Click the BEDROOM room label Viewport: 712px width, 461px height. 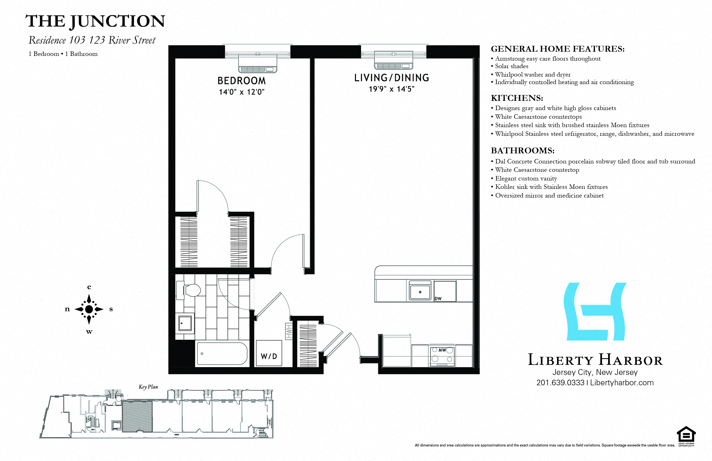[x=242, y=81]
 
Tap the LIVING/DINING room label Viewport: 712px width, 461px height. [x=391, y=78]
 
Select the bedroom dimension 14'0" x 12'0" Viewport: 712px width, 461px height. [x=242, y=92]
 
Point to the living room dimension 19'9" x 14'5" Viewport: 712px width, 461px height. [x=391, y=89]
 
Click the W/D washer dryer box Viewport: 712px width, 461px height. [x=269, y=353]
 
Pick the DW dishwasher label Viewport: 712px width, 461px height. [x=438, y=298]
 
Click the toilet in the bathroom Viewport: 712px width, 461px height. [x=192, y=290]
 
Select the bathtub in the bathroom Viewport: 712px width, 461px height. [x=222, y=353]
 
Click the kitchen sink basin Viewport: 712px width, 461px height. [x=420, y=292]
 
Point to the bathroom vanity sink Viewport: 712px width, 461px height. [x=185, y=323]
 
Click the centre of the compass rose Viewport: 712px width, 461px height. [x=89, y=309]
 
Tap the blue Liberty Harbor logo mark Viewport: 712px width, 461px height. [x=595, y=312]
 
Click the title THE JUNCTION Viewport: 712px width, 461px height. [x=95, y=21]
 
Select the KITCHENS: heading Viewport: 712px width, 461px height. [x=517, y=98]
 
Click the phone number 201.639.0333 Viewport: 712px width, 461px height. [x=560, y=382]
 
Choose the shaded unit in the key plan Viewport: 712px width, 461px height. [x=137, y=416]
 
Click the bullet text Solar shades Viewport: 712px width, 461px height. [x=512, y=66]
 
